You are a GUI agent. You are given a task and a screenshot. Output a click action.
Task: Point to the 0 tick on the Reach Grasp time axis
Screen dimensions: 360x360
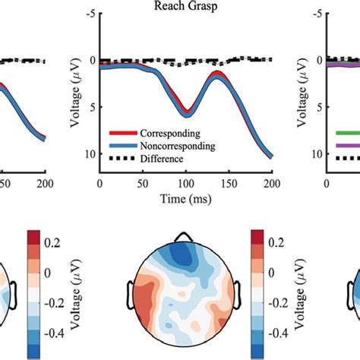[100, 184]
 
